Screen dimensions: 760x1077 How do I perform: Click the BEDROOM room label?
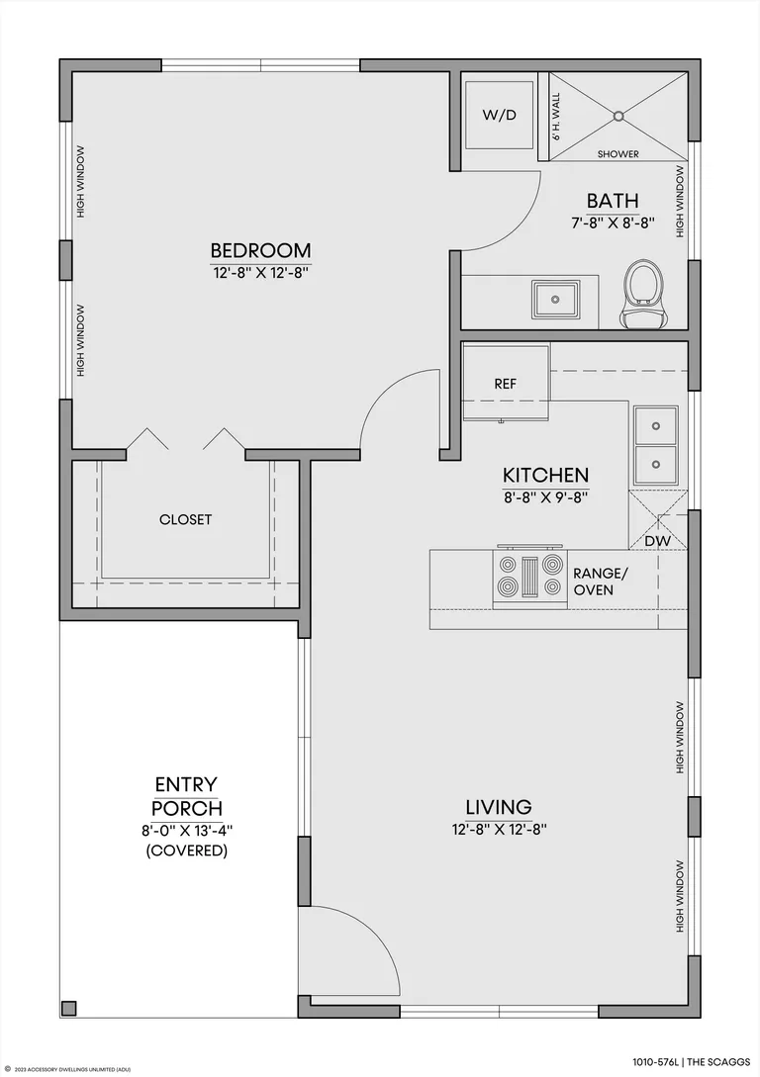click(260, 250)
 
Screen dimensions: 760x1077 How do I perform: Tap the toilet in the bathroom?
click(644, 294)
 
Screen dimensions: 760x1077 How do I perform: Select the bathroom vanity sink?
click(555, 300)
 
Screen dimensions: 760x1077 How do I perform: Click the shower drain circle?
click(619, 116)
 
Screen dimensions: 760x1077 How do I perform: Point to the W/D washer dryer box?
click(499, 115)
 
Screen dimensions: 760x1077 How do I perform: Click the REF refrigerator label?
click(505, 384)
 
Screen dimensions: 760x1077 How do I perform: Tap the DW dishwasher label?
click(658, 541)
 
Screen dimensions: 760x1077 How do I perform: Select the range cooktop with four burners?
click(529, 576)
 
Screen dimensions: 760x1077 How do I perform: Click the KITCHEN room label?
click(545, 476)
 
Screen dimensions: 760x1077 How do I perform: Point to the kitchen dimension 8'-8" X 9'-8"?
click(545, 497)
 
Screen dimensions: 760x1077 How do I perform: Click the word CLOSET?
click(185, 520)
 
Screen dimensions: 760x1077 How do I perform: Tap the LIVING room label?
click(499, 806)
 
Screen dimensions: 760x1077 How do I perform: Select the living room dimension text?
click(499, 829)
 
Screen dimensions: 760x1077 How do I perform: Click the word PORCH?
click(187, 808)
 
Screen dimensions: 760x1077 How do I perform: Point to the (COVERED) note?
click(186, 851)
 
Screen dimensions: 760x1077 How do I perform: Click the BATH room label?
click(613, 201)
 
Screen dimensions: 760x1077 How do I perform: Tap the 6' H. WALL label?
click(556, 117)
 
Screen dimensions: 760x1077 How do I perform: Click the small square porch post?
click(68, 1008)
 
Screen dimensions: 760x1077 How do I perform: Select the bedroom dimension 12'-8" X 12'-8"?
click(260, 273)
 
